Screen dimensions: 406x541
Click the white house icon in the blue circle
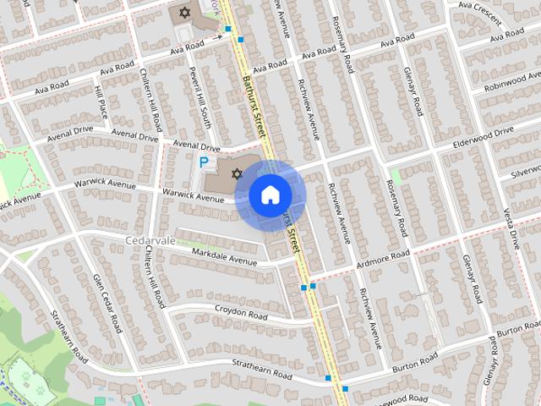coord(269,195)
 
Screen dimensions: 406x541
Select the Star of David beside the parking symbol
coord(236,173)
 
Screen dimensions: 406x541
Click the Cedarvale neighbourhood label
coord(150,240)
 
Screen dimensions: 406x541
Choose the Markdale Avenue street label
coord(224,256)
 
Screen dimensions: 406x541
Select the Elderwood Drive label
coord(483,137)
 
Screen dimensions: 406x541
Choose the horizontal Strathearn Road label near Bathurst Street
coord(264,373)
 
